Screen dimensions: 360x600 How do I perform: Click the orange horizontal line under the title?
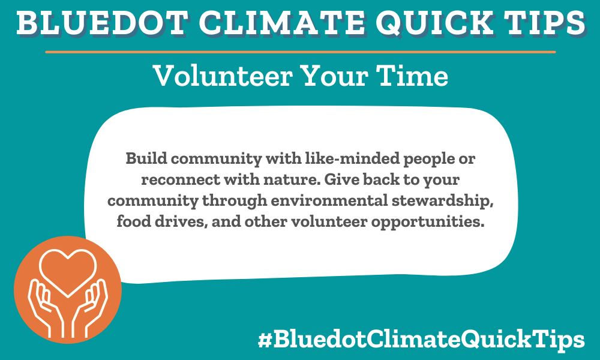pos(300,52)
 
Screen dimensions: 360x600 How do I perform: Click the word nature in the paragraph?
pos(287,180)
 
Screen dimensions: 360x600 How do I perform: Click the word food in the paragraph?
pos(132,221)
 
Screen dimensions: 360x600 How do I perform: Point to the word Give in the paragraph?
pos(346,180)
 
